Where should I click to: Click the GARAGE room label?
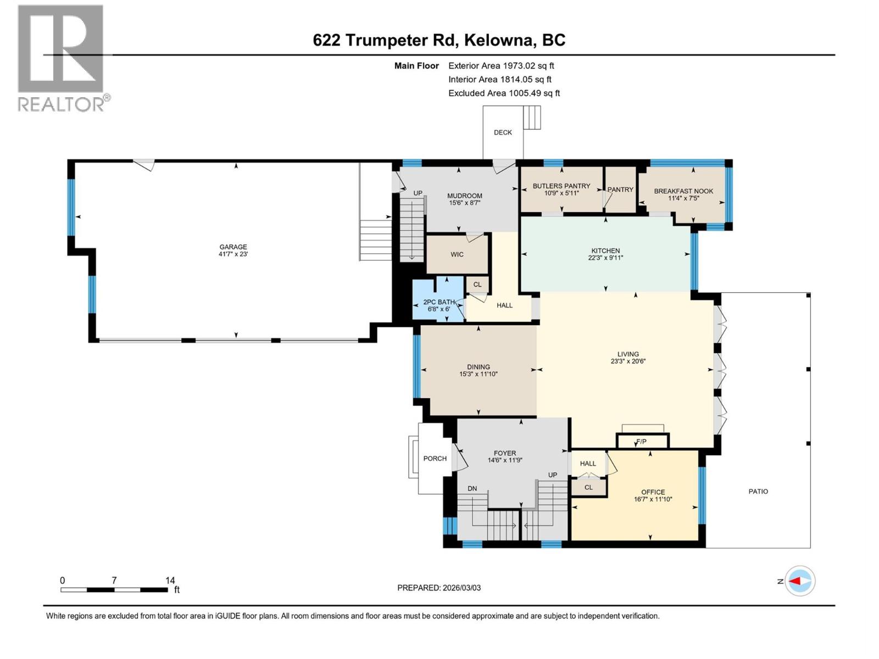pos(233,247)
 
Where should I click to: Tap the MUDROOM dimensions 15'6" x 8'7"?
pos(465,203)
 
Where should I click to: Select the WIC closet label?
pos(457,254)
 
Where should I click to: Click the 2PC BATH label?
pos(438,302)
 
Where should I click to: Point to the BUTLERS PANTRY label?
pos(561,186)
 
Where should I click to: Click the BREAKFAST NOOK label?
pos(683,191)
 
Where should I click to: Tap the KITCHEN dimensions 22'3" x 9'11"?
pos(605,258)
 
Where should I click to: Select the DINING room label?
pos(479,367)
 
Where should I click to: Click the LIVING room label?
pos(628,354)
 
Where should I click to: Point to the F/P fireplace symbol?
pos(642,442)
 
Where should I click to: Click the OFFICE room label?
pos(653,492)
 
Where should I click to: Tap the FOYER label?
pos(504,453)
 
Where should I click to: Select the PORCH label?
pos(435,459)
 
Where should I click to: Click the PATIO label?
pos(758,492)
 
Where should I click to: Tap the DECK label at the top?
pos(503,132)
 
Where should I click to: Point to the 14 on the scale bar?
pos(170,580)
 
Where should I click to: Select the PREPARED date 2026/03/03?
pos(461,588)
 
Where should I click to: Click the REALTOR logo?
pos(61,58)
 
